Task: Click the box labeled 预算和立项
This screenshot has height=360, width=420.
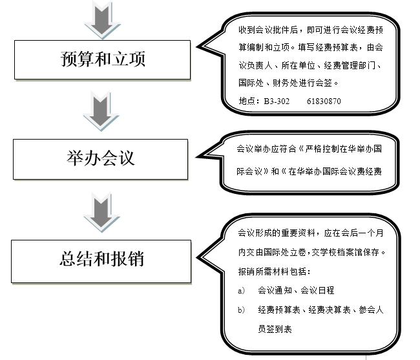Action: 103,59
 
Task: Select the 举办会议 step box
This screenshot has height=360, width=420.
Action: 100,158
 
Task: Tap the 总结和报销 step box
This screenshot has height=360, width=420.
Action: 101,259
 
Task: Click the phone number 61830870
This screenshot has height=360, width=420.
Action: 324,101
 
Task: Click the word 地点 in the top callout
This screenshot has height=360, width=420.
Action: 247,101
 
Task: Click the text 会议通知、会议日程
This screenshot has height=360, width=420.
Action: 295,291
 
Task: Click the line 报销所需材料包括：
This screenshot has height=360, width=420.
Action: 275,271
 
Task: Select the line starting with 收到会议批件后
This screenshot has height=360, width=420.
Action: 311,30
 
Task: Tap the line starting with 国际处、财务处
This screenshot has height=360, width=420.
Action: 288,83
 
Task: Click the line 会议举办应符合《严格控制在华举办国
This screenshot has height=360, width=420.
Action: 310,149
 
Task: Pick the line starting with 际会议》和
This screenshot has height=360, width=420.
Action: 310,171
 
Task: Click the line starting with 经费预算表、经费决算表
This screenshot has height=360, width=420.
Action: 320,310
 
